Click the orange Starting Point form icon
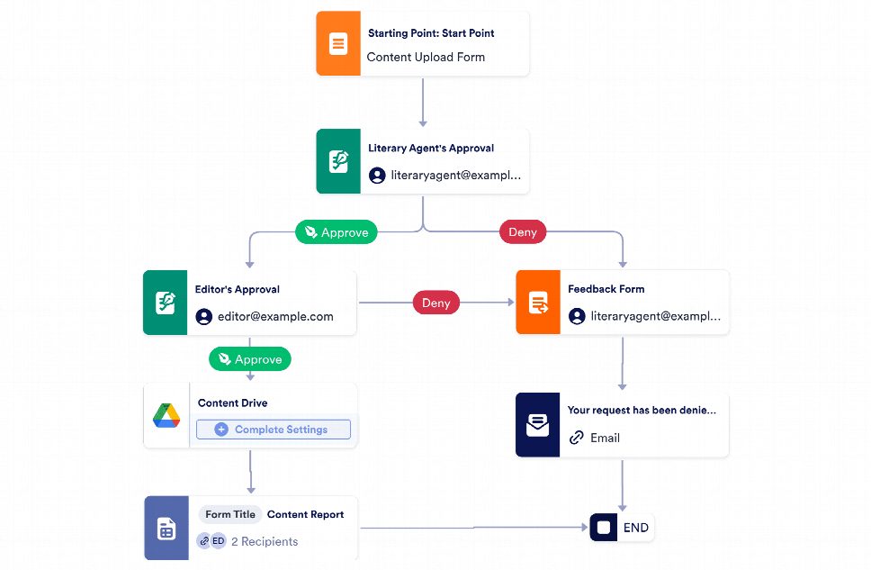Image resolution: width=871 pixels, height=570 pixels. (x=338, y=43)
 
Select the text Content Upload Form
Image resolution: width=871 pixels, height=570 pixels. (x=426, y=58)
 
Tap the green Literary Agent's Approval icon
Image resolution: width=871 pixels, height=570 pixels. (x=338, y=161)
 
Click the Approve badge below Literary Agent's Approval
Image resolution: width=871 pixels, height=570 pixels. (x=336, y=232)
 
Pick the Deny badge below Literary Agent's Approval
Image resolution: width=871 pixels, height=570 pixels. (x=523, y=232)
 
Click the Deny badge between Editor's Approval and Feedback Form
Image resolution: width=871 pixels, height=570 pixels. (x=436, y=303)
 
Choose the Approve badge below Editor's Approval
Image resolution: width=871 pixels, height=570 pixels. (x=250, y=359)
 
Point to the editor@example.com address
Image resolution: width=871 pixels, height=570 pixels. (x=275, y=316)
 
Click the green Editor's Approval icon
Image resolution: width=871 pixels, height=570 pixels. (x=165, y=303)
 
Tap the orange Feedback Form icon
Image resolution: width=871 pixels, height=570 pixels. (x=538, y=303)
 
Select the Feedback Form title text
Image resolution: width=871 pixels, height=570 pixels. (x=606, y=289)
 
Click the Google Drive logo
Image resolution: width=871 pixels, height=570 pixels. (x=166, y=415)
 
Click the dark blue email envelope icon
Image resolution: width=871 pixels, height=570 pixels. (x=538, y=425)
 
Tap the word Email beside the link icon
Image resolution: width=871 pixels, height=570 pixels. (x=605, y=439)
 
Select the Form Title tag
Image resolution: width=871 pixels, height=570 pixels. (x=230, y=514)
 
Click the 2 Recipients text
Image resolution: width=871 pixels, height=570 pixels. (x=265, y=542)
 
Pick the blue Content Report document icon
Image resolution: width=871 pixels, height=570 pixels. (x=166, y=529)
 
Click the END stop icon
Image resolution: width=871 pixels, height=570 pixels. (x=604, y=527)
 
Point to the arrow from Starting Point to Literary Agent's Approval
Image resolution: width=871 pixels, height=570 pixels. (x=423, y=103)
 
